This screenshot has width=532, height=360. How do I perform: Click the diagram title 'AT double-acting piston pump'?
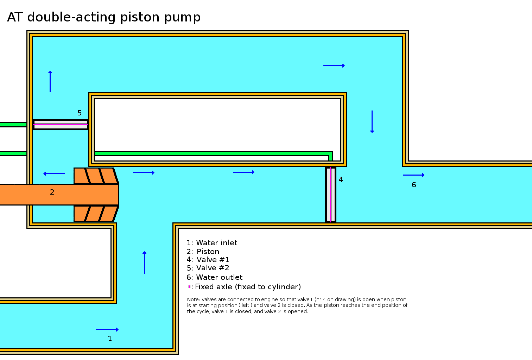104,17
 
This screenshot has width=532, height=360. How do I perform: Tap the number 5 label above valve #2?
80,113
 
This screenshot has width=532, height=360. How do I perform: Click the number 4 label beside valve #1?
341,179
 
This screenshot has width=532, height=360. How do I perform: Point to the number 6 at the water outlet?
414,185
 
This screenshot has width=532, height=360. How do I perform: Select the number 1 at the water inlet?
110,339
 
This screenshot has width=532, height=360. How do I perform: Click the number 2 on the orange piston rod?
52,192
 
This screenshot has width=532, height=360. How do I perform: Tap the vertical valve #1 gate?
330,195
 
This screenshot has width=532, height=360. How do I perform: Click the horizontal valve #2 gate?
61,124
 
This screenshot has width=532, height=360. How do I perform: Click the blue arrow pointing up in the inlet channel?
144,263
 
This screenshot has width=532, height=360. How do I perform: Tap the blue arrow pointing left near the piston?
54,173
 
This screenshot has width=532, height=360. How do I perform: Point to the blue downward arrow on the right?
372,122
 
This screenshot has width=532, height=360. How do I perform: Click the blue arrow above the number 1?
107,330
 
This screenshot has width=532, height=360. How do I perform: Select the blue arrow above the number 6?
414,175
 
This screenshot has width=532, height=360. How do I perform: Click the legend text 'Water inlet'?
216,243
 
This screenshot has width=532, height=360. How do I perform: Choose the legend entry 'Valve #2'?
213,268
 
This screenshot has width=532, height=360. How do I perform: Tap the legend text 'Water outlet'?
219,277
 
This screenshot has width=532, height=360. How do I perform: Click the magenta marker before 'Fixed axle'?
189,287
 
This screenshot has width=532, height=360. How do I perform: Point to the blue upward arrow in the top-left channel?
50,82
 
